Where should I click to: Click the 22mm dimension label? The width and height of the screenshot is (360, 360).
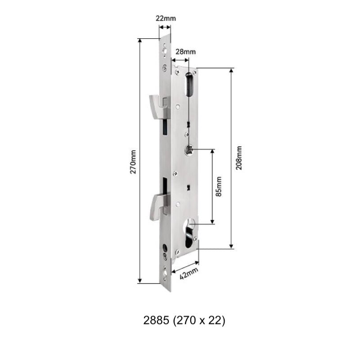click(x=165, y=18)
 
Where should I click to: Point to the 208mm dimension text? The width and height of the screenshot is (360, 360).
click(x=239, y=158)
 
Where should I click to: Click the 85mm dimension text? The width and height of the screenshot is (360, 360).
click(x=219, y=186)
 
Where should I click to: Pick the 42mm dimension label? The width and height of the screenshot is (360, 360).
click(x=189, y=273)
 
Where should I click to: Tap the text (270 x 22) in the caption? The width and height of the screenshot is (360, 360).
click(x=199, y=320)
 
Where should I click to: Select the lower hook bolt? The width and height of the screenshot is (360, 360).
click(x=157, y=204)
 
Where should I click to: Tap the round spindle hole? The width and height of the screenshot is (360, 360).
click(x=189, y=150)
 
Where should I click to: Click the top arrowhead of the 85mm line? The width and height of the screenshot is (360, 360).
click(x=212, y=151)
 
